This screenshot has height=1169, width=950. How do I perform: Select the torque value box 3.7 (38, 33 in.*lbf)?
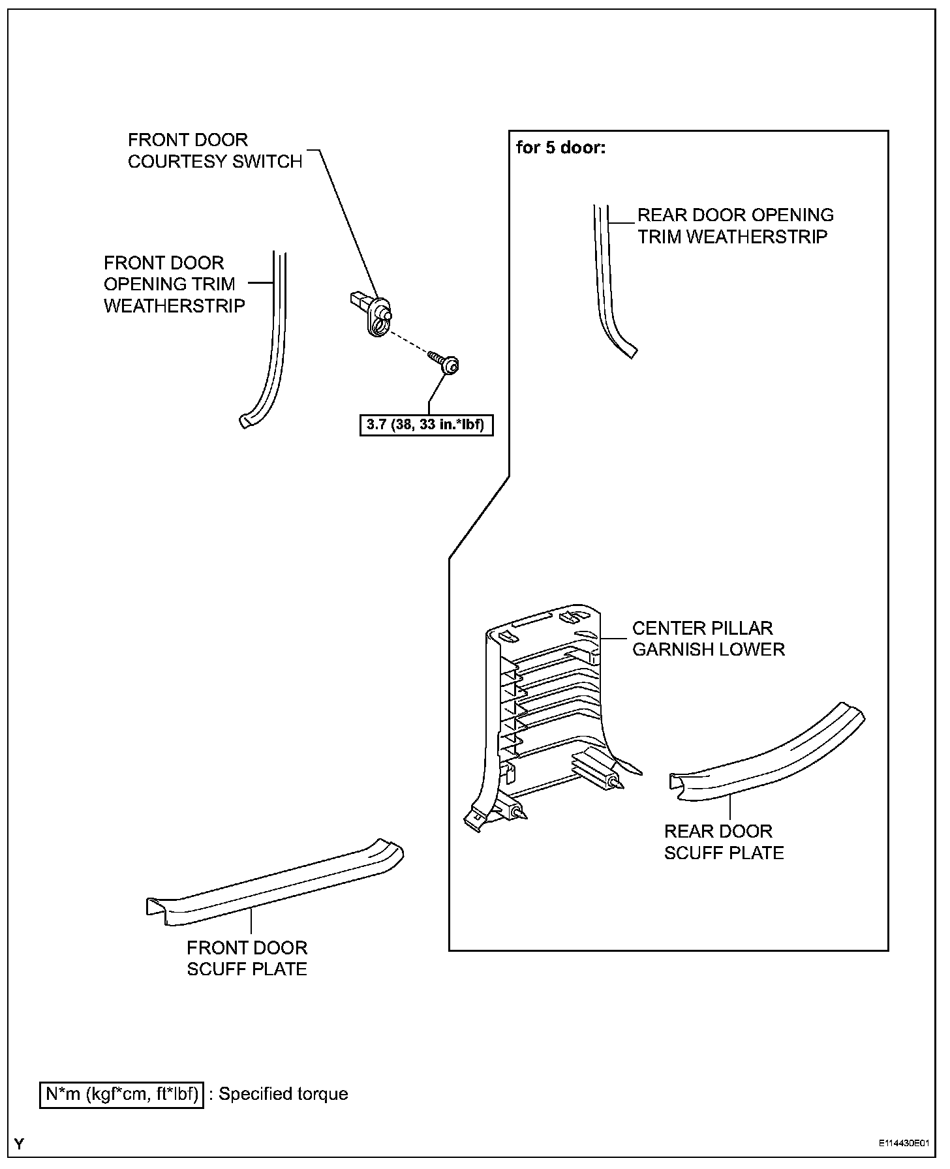426,425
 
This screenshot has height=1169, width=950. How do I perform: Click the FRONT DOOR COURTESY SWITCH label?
215,151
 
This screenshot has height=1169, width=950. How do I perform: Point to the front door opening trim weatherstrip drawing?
271,352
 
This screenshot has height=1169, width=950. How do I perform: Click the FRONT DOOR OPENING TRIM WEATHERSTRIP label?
174,284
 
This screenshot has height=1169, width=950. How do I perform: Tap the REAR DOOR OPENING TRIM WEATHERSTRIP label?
735,226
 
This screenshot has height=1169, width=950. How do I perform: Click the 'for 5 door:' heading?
560,147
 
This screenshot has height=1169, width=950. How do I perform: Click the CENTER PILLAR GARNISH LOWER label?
708,639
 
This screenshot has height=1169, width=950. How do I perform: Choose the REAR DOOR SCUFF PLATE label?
724,842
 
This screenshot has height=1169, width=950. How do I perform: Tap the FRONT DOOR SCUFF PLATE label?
247,958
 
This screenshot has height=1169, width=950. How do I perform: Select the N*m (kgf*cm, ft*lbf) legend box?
121,1094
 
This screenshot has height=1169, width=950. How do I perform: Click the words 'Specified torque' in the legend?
283,1094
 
